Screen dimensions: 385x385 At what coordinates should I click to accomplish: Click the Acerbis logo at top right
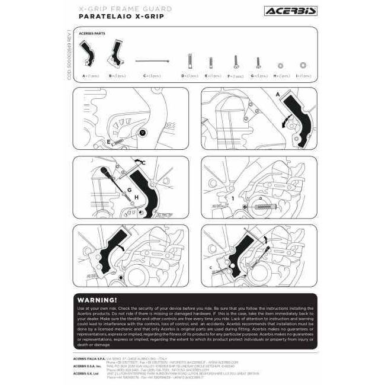click(x=290, y=11)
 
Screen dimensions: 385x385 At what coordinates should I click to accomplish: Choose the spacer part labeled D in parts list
click(x=190, y=61)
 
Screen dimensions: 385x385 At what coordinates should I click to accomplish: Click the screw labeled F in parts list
click(x=236, y=61)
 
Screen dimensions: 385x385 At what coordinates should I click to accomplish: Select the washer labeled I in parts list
click(x=303, y=65)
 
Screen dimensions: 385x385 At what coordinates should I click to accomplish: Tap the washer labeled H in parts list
click(x=280, y=65)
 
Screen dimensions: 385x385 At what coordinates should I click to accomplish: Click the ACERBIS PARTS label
click(x=92, y=33)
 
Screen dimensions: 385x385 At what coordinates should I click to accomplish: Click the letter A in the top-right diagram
click(x=277, y=94)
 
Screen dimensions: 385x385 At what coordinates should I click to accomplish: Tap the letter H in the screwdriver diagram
click(x=136, y=197)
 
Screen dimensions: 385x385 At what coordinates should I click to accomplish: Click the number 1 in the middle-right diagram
click(x=233, y=197)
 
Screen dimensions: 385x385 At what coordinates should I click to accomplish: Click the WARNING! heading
click(x=97, y=300)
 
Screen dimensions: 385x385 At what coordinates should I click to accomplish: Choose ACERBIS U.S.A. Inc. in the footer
click(x=86, y=366)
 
